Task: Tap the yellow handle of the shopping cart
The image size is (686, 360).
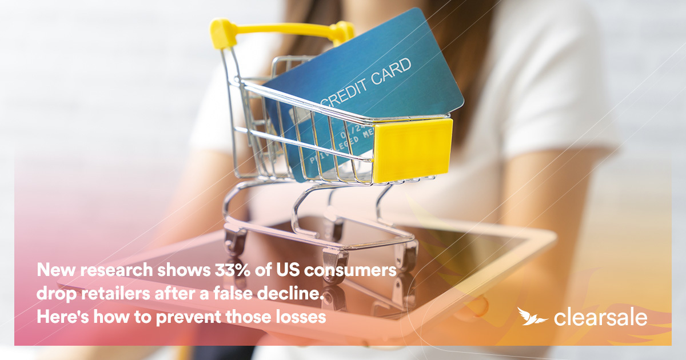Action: click(x=280, y=28)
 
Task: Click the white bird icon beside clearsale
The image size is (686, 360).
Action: click(x=532, y=315)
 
